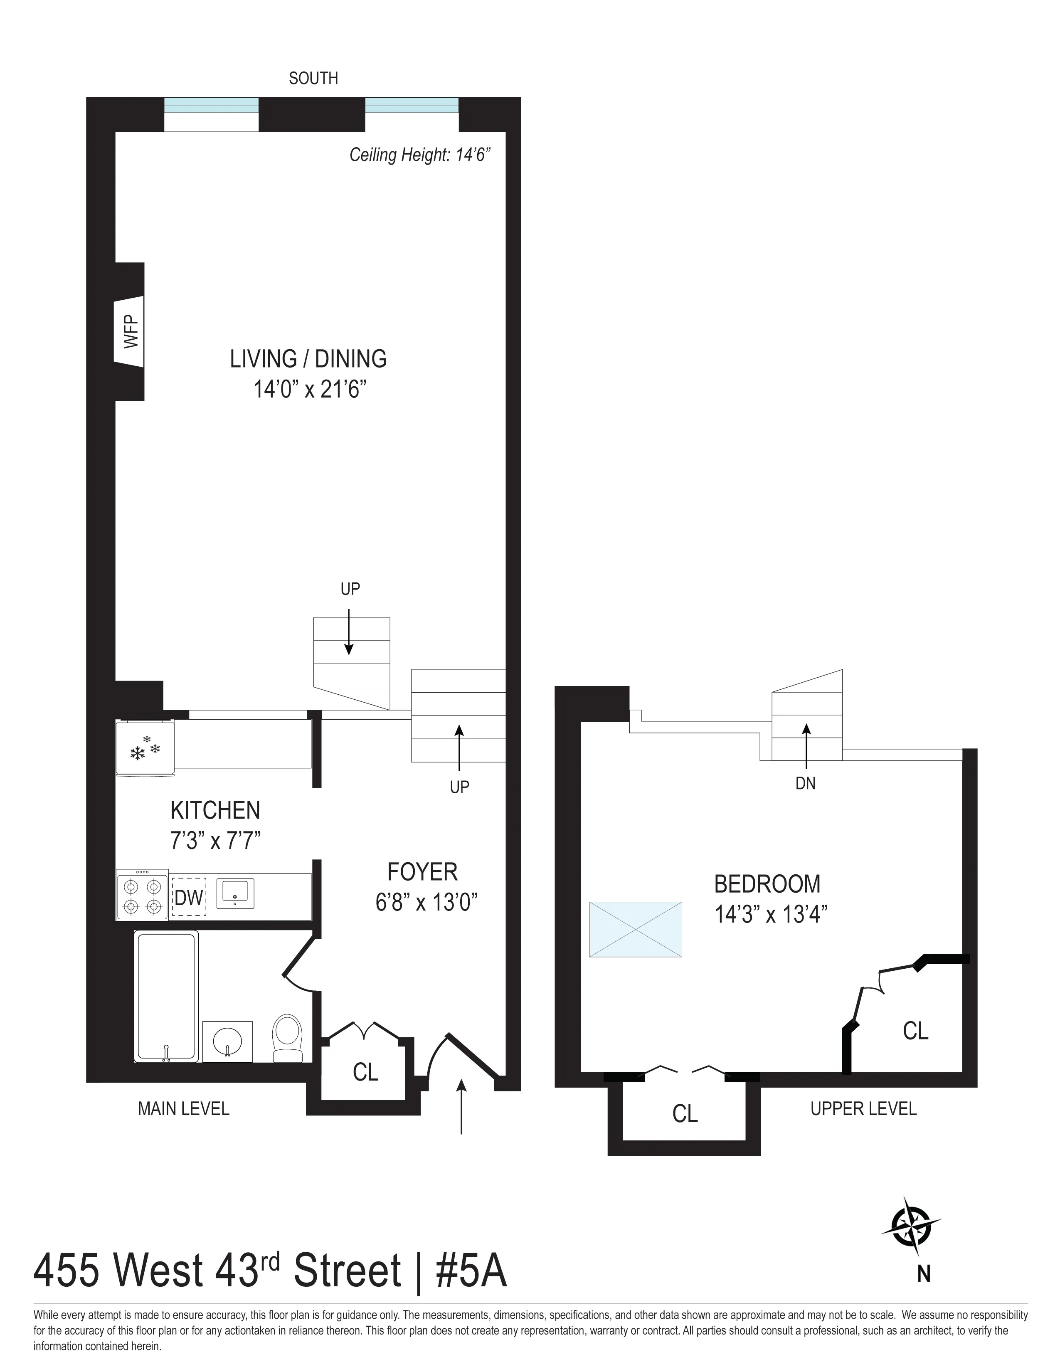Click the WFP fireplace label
click(130, 331)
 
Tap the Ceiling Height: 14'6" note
click(419, 155)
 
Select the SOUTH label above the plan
click(313, 79)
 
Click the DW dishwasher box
click(189, 898)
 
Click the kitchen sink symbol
click(235, 893)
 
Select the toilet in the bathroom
click(288, 1039)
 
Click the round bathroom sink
click(227, 1041)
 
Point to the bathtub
click(166, 997)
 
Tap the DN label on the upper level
click(805, 783)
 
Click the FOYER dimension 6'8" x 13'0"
click(426, 903)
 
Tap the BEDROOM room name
click(767, 884)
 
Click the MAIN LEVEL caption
click(183, 1109)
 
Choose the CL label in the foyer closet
click(365, 1072)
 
